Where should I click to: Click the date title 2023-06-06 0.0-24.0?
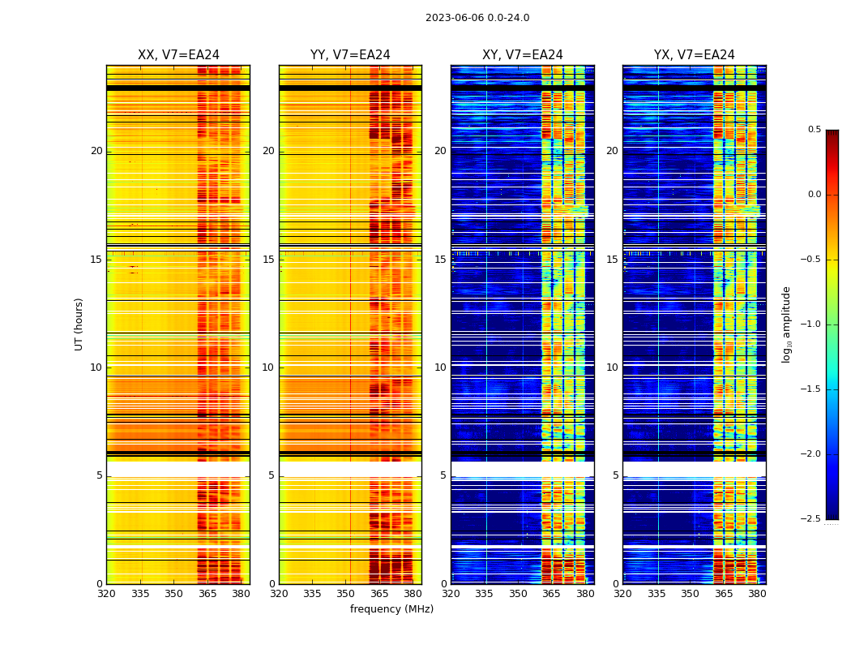pos(477,18)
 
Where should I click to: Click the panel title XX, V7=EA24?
pos(178,55)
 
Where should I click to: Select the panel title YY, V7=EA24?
pos(350,55)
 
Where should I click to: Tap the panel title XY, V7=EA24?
pos(523,55)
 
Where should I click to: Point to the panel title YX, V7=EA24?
pos(695,55)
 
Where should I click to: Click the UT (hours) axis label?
pos(79,324)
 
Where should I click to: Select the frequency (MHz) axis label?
pos(391,609)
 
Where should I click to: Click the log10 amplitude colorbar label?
pos(786,324)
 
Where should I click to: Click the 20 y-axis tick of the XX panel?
pos(96,151)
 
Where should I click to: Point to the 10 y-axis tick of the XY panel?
pos(440,367)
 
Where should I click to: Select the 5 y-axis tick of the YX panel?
pos(615,475)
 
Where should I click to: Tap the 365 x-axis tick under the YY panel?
pos(379,594)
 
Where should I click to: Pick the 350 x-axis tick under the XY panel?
pos(518,594)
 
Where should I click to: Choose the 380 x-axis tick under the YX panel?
pos(757,594)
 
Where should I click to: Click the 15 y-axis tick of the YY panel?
pos(268,260)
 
